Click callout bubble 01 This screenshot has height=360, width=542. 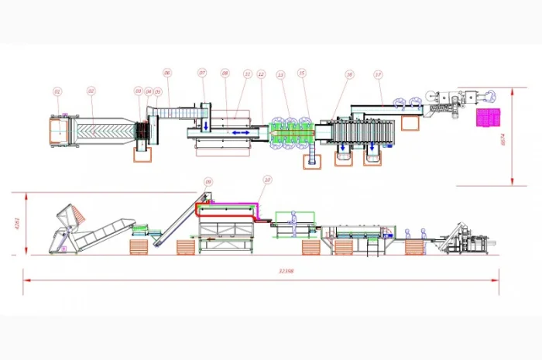pyautogui.click(x=57, y=91)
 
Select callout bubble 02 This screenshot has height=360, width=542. pyautogui.click(x=91, y=91)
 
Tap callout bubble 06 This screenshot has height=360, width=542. pyautogui.click(x=166, y=73)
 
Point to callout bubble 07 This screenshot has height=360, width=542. pyautogui.click(x=202, y=73)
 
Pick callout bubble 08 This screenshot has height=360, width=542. pyautogui.click(x=225, y=73)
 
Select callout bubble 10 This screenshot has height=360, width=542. pyautogui.click(x=267, y=180)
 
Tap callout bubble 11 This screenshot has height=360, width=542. pyautogui.click(x=248, y=74)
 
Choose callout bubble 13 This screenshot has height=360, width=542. pyautogui.click(x=281, y=74)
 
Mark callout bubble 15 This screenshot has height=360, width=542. pyautogui.click(x=302, y=74)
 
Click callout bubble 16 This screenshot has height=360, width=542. pyautogui.click(x=350, y=74)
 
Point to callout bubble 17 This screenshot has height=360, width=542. pyautogui.click(x=378, y=74)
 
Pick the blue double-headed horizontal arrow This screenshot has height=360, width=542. pyautogui.click(x=238, y=133)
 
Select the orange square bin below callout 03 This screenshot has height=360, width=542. pyautogui.click(x=142, y=154)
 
